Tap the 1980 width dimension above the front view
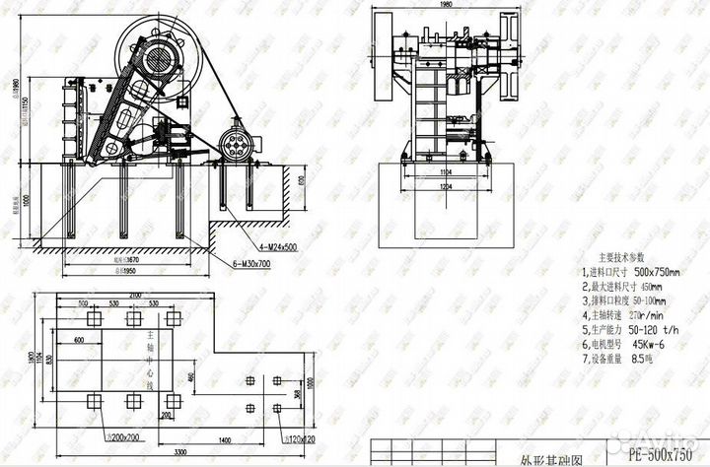pos(445,5)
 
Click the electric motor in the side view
pos(235,142)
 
